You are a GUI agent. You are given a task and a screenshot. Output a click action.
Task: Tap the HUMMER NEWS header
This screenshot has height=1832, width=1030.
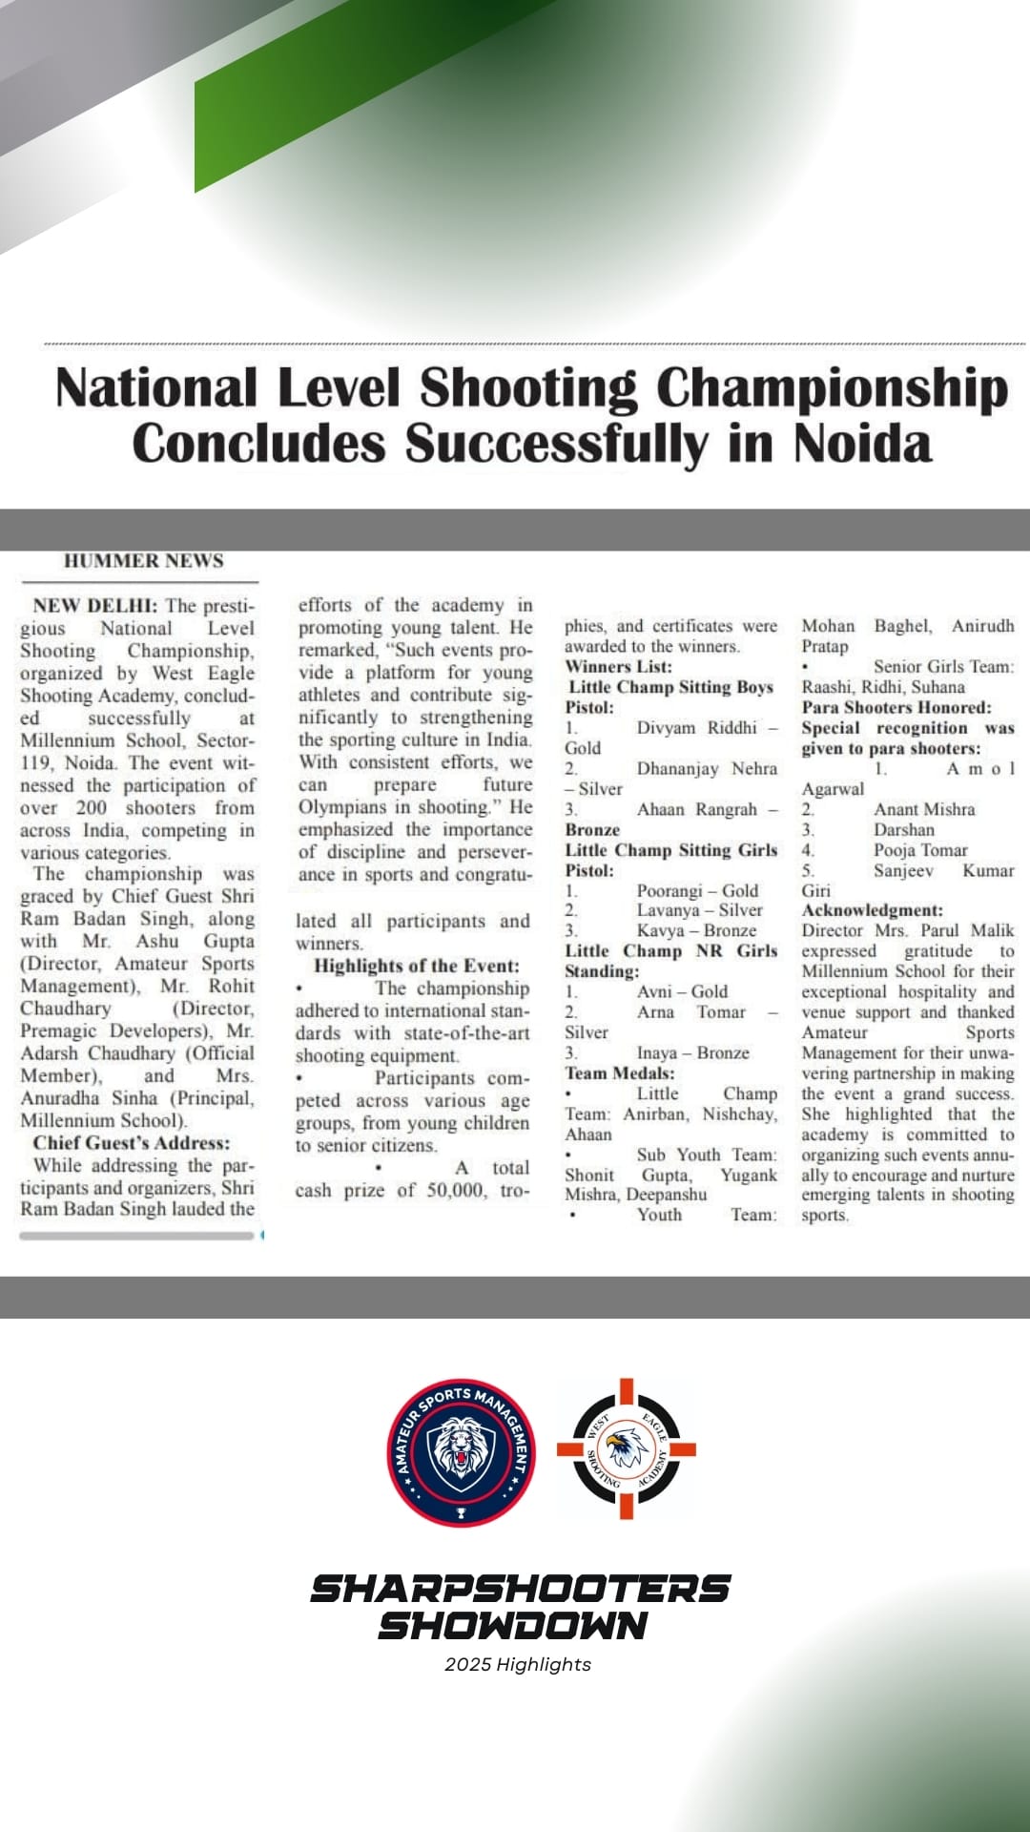coord(143,561)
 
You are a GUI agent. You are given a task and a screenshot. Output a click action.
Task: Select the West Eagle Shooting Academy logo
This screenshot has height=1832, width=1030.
coord(627,1448)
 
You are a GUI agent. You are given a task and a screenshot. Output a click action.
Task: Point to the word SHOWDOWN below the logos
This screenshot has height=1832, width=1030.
coord(513,1625)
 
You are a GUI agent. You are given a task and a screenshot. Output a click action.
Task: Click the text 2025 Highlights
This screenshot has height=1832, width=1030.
coord(517,1664)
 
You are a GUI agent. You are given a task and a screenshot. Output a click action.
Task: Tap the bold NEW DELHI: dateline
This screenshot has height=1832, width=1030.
coord(94,606)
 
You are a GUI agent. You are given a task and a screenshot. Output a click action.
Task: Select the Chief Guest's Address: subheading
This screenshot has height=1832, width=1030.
coord(132,1143)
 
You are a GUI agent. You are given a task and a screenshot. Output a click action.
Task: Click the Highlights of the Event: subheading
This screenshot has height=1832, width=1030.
coord(417,966)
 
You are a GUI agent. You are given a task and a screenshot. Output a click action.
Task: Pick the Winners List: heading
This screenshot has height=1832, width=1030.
coord(618,666)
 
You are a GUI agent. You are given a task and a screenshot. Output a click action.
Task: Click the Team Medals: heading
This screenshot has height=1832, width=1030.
coord(619,1072)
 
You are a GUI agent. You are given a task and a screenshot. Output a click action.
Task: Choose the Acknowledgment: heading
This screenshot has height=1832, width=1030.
coord(872,910)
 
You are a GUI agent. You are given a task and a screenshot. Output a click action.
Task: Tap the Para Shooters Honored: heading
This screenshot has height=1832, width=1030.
coord(896,707)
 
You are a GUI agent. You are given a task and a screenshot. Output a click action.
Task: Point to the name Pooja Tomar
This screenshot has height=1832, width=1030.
coord(920,849)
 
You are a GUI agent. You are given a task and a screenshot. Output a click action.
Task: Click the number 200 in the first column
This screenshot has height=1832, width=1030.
coord(92,807)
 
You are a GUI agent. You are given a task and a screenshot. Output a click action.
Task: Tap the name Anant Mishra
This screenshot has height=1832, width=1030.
coord(924,809)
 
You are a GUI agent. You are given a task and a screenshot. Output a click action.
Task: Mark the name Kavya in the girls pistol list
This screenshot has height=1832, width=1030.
coord(657,930)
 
